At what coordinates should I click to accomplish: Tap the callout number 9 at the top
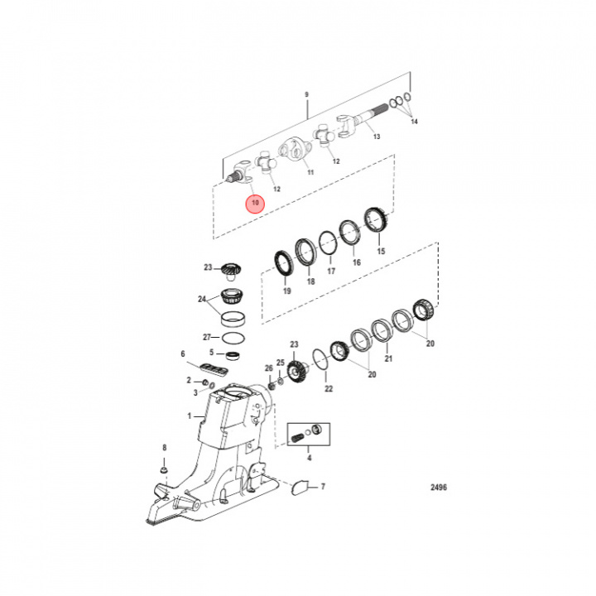[306, 95]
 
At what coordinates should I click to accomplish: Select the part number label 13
[377, 137]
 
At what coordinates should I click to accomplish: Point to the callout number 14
[415, 122]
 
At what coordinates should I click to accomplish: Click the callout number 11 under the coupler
[310, 173]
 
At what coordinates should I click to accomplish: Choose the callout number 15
[381, 251]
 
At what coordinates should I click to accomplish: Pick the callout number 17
[331, 271]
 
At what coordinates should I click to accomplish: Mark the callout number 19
[286, 291]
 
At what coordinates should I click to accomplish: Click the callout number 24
[201, 299]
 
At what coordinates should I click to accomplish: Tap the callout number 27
[206, 337]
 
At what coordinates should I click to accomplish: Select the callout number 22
[329, 388]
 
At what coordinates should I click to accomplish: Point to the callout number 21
[388, 359]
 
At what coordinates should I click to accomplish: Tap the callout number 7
[323, 486]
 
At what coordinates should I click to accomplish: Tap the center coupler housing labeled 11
[294, 150]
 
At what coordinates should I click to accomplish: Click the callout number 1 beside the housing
[189, 416]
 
